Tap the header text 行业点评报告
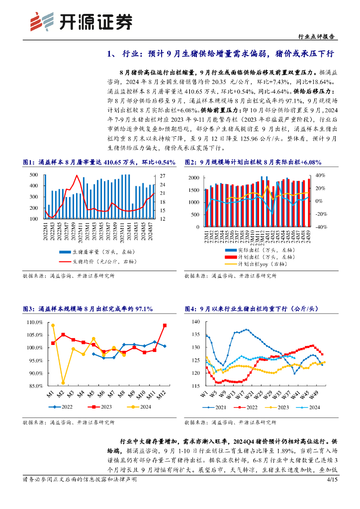click(x=315, y=36)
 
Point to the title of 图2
click(x=253, y=162)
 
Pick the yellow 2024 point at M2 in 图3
click(x=63, y=382)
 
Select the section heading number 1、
click(x=113, y=53)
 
